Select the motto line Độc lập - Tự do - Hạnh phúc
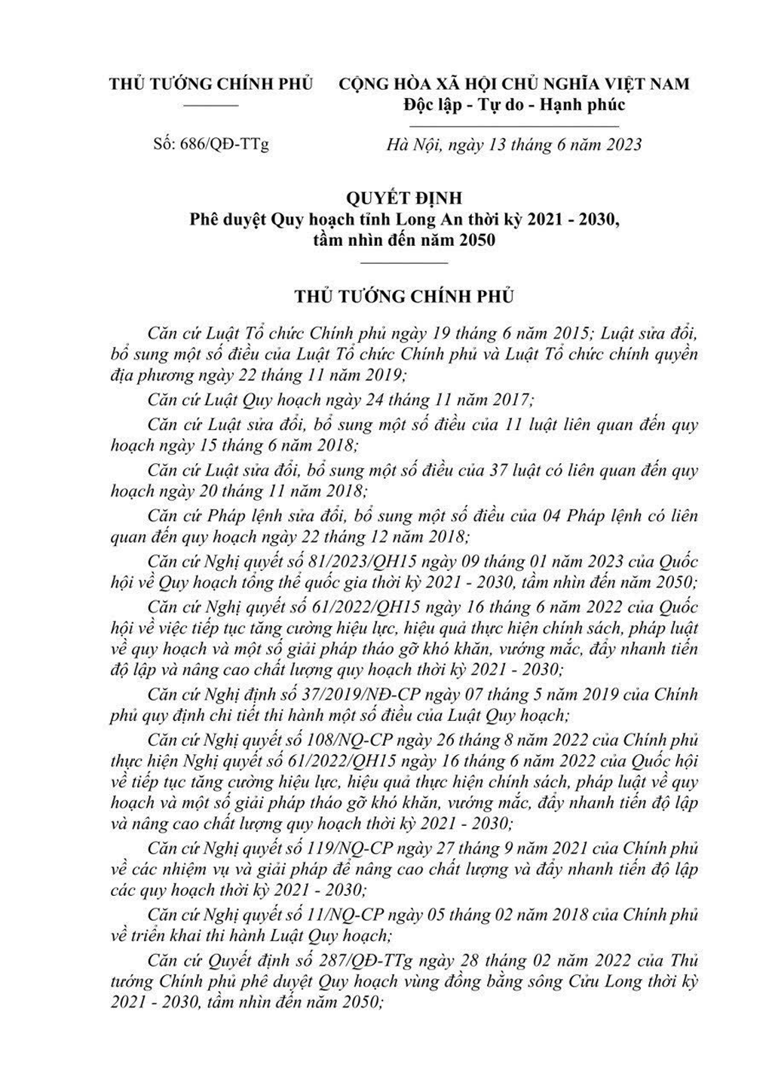click(x=514, y=104)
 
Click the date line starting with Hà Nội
click(x=513, y=143)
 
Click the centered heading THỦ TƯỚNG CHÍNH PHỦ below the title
click(x=404, y=296)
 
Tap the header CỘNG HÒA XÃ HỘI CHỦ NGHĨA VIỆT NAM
click(x=514, y=83)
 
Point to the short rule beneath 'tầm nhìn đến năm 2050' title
click(x=404, y=262)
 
